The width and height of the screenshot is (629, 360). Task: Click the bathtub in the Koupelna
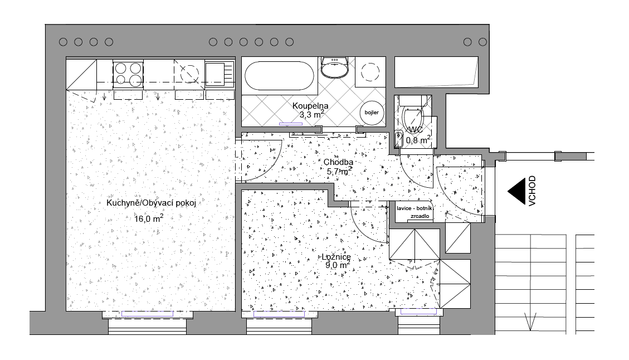[279, 76]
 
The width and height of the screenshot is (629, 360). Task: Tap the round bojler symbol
[372, 113]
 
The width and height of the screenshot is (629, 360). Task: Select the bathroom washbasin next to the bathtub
[335, 67]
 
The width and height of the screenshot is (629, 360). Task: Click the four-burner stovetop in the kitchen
[128, 74]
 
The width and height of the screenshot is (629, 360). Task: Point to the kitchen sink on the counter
[216, 74]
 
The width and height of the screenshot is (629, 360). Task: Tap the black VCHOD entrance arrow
[518, 190]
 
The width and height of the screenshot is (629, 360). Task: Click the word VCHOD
[533, 191]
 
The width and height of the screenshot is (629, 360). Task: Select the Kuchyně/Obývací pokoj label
[151, 203]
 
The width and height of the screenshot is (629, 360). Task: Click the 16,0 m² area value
[149, 218]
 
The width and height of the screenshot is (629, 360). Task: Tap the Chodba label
[337, 162]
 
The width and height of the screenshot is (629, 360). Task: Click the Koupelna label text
[310, 105]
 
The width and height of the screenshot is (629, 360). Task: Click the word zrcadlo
[419, 216]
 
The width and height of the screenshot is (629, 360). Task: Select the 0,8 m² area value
[417, 140]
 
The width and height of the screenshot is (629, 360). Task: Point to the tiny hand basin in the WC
[398, 138]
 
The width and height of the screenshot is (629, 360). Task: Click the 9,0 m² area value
[337, 266]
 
